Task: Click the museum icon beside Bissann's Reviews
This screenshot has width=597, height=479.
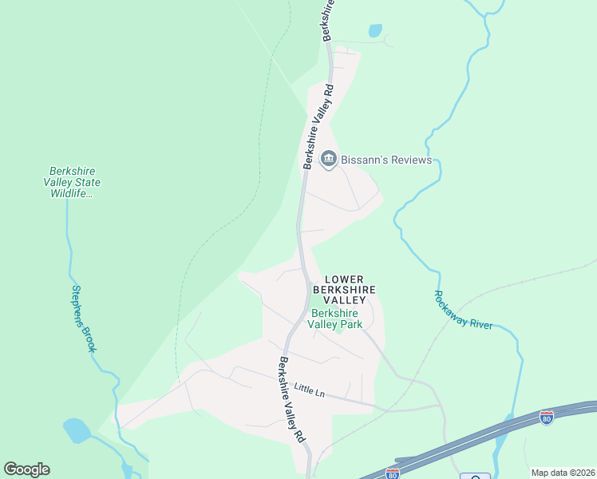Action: [328, 160]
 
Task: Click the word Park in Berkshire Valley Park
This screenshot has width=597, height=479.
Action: [350, 324]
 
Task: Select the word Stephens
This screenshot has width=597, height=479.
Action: [79, 305]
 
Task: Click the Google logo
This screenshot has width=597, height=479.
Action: [26, 469]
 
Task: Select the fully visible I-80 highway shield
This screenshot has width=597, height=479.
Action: [546, 418]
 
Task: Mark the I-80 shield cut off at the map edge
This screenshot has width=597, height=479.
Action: [392, 473]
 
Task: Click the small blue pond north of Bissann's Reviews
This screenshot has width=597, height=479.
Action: [375, 30]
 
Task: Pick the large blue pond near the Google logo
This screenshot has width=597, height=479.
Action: [77, 430]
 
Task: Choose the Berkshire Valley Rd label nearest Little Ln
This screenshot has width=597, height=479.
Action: [291, 399]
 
